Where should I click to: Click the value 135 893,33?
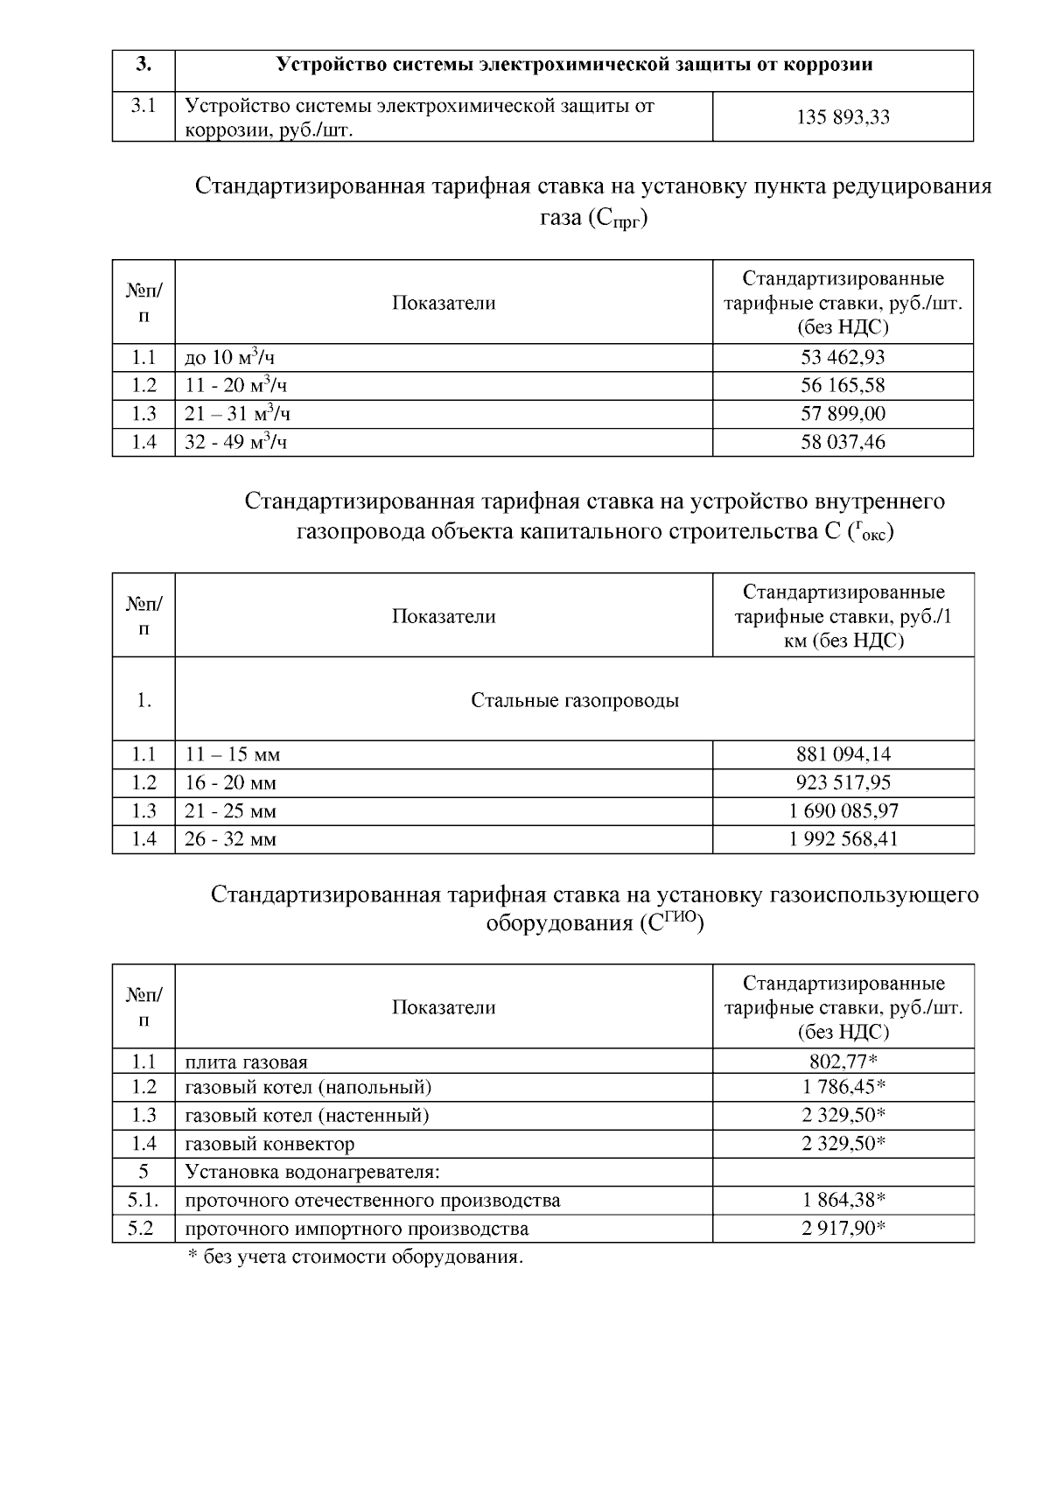843,117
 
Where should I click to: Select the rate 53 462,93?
843,357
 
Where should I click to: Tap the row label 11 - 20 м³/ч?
236,385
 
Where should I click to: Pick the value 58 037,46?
843,442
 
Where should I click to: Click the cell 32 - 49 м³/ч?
236,442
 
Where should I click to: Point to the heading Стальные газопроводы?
575,700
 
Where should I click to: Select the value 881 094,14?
843,754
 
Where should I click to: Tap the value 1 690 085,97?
843,811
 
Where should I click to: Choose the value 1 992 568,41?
843,839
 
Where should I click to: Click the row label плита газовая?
246,1062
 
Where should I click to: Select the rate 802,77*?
843,1062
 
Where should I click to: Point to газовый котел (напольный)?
308,1087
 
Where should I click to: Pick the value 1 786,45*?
843,1087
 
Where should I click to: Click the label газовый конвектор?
269,1144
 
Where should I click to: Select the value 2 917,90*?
843,1229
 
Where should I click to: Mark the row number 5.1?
143,1200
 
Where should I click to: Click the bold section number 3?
143,65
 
